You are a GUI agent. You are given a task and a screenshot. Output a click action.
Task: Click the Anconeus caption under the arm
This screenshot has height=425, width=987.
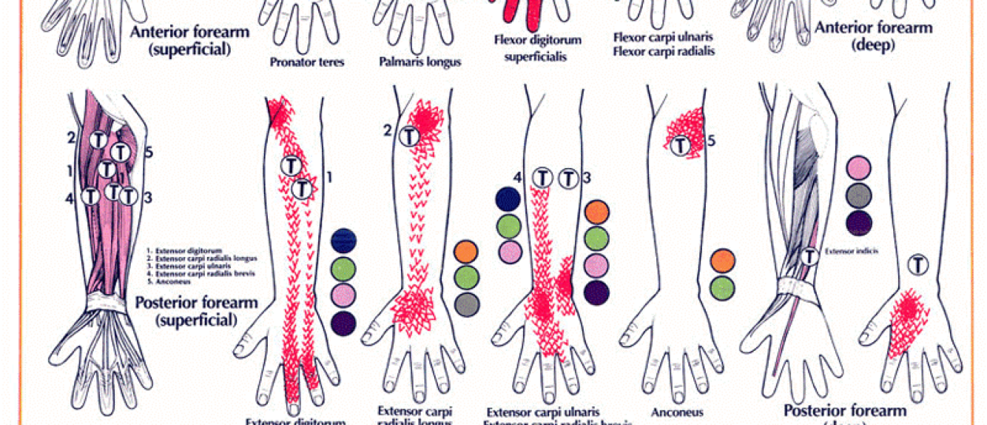[677, 412]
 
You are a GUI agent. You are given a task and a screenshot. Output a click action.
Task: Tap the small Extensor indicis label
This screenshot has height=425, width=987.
[852, 252]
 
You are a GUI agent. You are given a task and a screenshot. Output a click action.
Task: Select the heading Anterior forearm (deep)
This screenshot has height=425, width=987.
[863, 36]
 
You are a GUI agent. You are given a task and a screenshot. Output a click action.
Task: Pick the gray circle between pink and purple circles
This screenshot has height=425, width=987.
[859, 196]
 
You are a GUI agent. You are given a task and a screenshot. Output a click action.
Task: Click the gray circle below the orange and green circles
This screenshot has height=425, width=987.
[467, 304]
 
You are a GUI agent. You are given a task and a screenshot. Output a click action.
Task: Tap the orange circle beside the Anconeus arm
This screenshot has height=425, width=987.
[722, 261]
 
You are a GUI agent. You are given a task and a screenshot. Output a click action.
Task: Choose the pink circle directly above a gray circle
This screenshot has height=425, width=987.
[859, 168]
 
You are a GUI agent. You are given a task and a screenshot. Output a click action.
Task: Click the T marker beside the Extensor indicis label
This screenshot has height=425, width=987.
[809, 255]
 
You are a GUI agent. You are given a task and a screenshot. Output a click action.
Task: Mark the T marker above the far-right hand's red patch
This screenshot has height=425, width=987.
[918, 265]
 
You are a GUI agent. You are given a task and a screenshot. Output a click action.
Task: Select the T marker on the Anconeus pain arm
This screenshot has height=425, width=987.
[679, 145]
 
